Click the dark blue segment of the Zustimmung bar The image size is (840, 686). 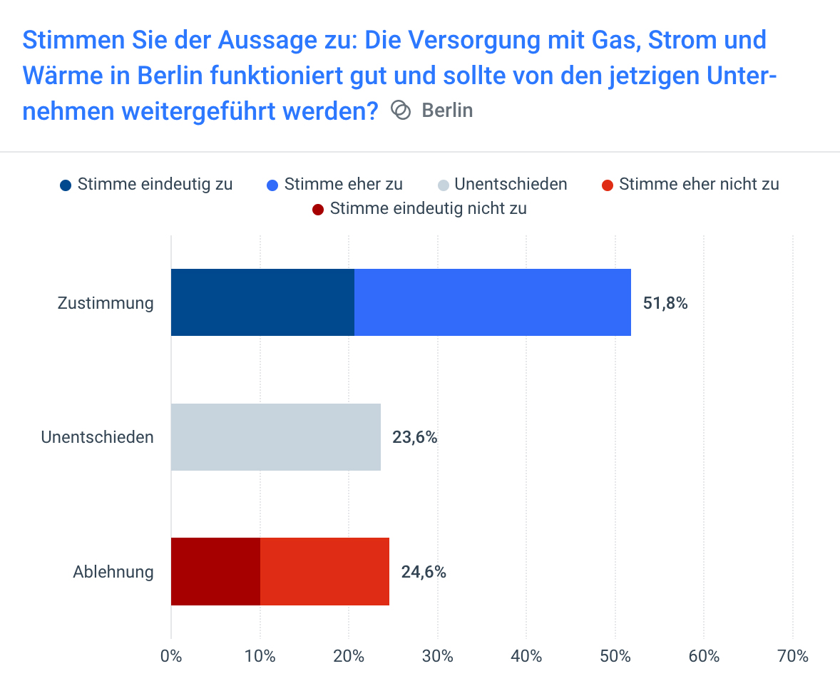262,302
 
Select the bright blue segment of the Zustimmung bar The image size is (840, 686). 492,302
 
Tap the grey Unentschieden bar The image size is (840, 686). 275,437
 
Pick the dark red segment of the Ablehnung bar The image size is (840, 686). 215,571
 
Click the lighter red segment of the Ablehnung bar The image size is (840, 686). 324,571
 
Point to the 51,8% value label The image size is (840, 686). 665,303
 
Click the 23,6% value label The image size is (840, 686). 414,437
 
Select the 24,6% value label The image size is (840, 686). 424,572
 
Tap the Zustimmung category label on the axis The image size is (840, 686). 106,303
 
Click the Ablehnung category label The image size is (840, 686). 113,572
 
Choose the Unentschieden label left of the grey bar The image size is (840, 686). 97,437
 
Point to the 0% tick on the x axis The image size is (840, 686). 171,656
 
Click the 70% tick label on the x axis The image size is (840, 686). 792,656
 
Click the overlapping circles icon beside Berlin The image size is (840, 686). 401,111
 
